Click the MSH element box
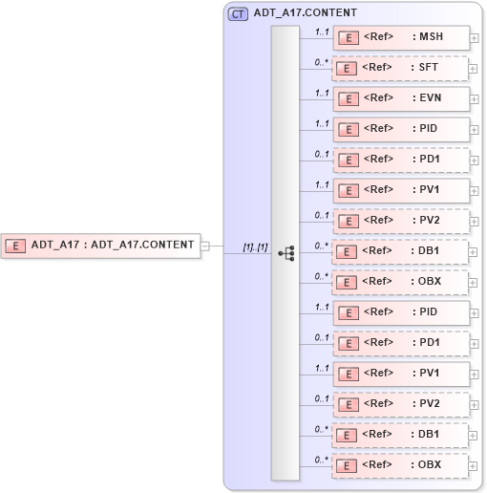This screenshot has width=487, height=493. click(x=401, y=37)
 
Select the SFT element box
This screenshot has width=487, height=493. click(x=401, y=68)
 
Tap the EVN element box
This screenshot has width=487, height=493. click(x=401, y=98)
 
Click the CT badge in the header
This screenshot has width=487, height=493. click(x=238, y=13)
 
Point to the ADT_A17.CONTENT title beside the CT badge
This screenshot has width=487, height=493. click(x=306, y=13)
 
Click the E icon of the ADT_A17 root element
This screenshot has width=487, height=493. click(x=16, y=245)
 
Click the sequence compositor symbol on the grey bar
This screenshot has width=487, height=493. click(x=286, y=253)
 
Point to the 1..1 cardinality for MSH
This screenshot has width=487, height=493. click(x=322, y=31)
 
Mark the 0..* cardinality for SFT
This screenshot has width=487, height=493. click(x=322, y=61)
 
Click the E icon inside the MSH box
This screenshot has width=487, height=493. click(x=349, y=38)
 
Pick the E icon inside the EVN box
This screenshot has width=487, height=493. click(x=349, y=99)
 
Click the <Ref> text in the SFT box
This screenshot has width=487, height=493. click(x=379, y=68)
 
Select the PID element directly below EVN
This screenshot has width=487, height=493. click(x=401, y=129)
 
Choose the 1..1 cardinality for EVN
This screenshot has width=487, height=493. click(x=322, y=92)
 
